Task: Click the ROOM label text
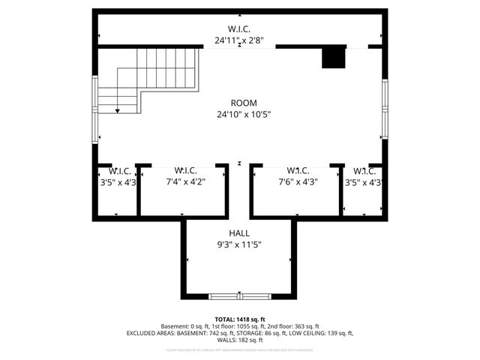244,103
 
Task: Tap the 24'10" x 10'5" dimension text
244,115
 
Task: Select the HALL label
240,232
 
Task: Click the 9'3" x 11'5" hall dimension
240,244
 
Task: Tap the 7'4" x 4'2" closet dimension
184,181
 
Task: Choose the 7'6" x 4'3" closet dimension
298,181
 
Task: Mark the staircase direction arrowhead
118,110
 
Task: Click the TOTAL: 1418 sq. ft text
240,319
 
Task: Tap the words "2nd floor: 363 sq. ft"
292,326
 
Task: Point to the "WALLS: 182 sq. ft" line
240,340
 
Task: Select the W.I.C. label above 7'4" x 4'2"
184,169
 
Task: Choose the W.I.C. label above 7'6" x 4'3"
298,169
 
